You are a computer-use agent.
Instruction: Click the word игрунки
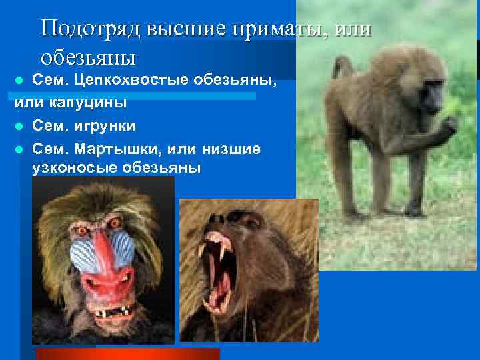106,125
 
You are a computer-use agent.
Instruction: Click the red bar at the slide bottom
127,353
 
